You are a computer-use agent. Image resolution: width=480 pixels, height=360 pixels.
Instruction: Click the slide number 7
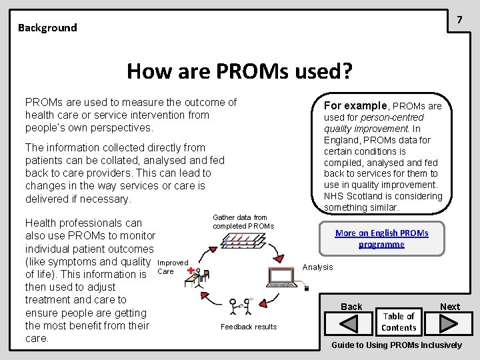point(459,20)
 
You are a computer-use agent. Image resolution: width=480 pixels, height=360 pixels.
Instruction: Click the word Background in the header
point(47,28)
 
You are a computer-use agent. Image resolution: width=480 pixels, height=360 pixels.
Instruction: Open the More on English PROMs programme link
point(381,239)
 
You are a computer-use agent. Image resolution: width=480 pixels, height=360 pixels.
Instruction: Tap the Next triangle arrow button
point(447,324)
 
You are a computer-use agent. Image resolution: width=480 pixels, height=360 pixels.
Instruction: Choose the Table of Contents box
point(399,322)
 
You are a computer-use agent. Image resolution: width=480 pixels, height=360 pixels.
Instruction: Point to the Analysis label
point(318,267)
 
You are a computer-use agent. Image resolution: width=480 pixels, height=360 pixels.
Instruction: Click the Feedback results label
point(248,327)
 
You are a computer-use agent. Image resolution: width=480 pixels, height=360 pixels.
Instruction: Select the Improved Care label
point(172,267)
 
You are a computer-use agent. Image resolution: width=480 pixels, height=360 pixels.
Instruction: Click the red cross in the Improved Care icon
point(192,271)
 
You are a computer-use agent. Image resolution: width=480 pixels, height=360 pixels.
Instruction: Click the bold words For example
point(356,105)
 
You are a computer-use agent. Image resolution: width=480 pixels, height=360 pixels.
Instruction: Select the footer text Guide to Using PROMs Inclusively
point(397,345)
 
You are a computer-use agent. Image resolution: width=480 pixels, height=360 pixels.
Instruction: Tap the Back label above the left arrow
point(351,307)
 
